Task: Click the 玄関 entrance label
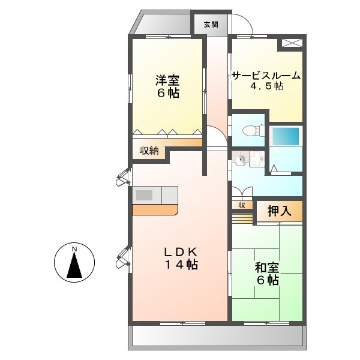[211, 25]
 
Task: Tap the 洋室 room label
[168, 80]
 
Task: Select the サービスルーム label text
[266, 76]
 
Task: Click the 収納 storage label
[149, 151]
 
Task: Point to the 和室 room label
[267, 268]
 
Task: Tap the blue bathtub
[286, 136]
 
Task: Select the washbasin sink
[240, 160]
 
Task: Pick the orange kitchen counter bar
[155, 210]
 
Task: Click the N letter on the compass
[74, 249]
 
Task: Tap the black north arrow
[74, 265]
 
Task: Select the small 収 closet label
[242, 205]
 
